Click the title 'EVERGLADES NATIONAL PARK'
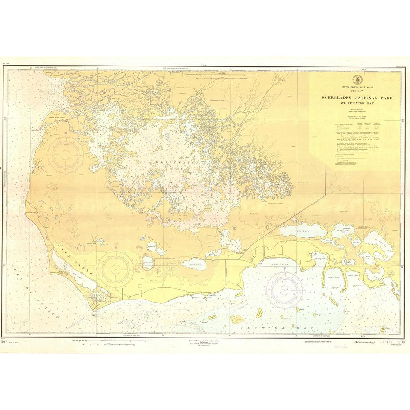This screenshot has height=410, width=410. (x=355, y=98)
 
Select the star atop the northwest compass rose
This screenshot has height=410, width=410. (x=66, y=132)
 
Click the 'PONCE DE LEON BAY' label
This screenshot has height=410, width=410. (x=47, y=90)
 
